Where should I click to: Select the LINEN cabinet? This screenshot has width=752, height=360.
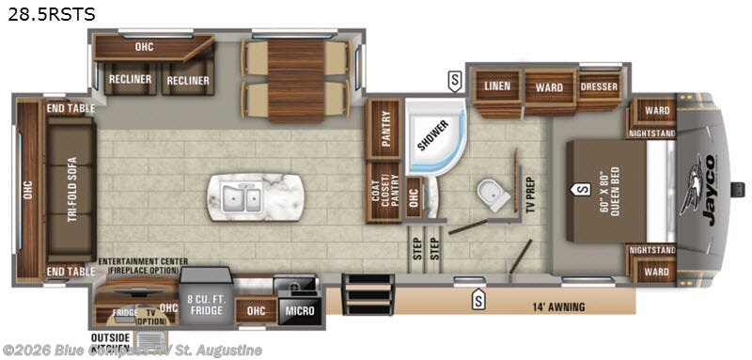pos(497,87)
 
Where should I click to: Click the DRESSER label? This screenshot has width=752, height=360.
pos(599,87)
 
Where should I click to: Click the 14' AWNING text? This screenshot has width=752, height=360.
pos(557,306)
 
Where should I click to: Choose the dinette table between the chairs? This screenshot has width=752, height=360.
pos(296,81)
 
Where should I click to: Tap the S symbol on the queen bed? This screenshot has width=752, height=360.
pos(576,189)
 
